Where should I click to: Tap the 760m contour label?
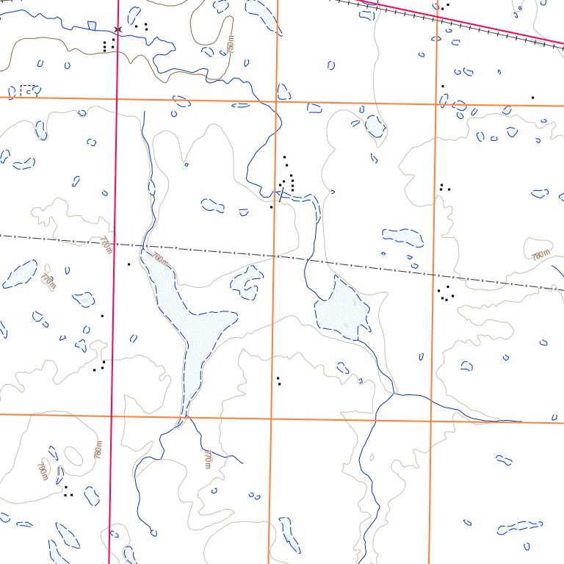click(x=160, y=258)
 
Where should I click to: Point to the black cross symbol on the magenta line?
click(x=117, y=29)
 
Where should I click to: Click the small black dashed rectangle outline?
click(x=29, y=90)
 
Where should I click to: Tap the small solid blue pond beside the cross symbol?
click(x=91, y=26)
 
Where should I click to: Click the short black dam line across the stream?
click(x=281, y=193)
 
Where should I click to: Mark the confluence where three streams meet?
click(x=394, y=394)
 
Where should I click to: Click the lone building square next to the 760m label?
click(x=129, y=264)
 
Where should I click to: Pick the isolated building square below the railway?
click(x=532, y=97)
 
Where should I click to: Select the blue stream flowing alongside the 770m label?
click(x=220, y=449)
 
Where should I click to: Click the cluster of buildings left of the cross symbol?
click(x=108, y=46)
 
